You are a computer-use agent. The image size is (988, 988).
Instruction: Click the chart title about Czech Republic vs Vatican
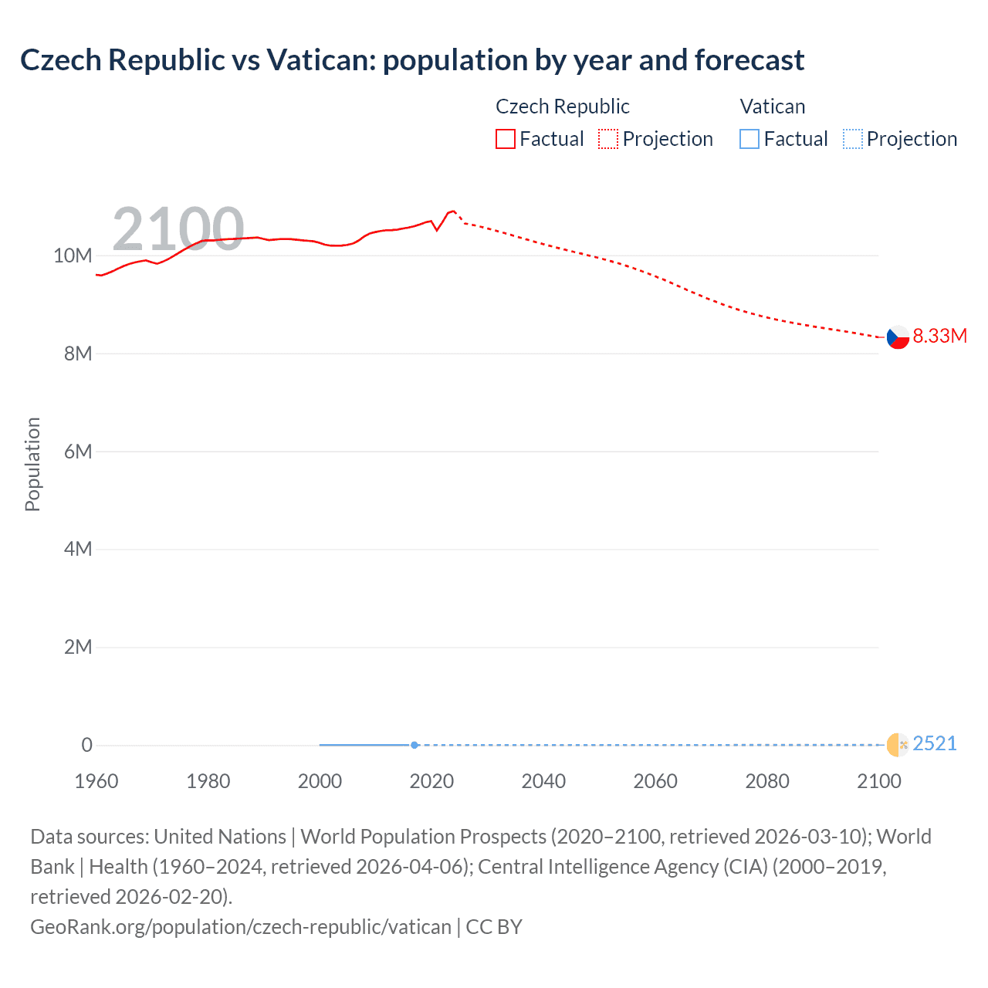point(412,60)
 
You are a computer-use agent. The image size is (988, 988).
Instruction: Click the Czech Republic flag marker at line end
point(897,337)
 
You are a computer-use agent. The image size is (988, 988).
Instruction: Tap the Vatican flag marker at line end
point(897,745)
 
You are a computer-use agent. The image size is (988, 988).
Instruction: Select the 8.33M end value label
point(939,336)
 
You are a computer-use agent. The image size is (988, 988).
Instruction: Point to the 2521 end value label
point(935,743)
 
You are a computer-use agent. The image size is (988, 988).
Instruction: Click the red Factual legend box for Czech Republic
point(506,139)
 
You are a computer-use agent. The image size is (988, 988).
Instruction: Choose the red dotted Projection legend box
point(608,139)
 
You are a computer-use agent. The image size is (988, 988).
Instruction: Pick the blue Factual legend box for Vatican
point(749,139)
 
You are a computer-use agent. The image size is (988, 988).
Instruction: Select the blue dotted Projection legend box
point(853,139)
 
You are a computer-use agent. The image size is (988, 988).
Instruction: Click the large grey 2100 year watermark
point(178,229)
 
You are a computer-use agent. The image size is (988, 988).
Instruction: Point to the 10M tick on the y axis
point(73,255)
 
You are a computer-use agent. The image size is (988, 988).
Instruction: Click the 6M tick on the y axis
point(78,452)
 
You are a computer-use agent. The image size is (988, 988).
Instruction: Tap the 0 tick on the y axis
point(86,745)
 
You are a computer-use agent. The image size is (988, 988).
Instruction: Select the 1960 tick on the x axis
point(96,781)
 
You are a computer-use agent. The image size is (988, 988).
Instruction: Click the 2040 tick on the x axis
point(543,781)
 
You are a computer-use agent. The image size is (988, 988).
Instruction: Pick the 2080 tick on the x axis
point(767,781)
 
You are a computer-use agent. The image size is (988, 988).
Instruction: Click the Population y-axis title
point(32,464)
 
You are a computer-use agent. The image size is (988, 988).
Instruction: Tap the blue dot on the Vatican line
point(414,745)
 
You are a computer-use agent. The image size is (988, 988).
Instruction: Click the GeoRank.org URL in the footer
point(241,926)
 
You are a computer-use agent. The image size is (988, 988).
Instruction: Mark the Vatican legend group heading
point(773,107)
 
